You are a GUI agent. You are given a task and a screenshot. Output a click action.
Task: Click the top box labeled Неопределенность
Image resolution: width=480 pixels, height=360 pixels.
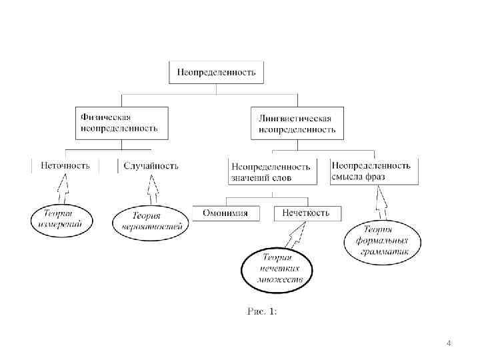pos(216,72)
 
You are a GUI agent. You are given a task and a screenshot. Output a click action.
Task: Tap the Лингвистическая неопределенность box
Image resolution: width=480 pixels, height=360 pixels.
pos(297,123)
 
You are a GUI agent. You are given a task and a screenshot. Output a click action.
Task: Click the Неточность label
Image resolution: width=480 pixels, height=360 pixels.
pos(65,165)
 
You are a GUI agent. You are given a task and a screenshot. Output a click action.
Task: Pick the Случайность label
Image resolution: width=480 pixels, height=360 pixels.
pos(151,165)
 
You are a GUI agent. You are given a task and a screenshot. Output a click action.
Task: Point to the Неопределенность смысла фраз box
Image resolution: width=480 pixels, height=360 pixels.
pos(374,171)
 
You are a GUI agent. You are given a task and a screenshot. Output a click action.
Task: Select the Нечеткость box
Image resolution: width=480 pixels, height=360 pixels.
pos(306,213)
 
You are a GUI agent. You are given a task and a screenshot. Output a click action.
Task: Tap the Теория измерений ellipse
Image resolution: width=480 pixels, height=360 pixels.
pos(62,219)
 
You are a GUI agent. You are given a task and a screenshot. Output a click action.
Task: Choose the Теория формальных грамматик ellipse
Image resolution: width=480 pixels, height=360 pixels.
pos(383,240)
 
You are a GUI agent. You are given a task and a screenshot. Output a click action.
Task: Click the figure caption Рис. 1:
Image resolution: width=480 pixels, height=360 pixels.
pos(262,311)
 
